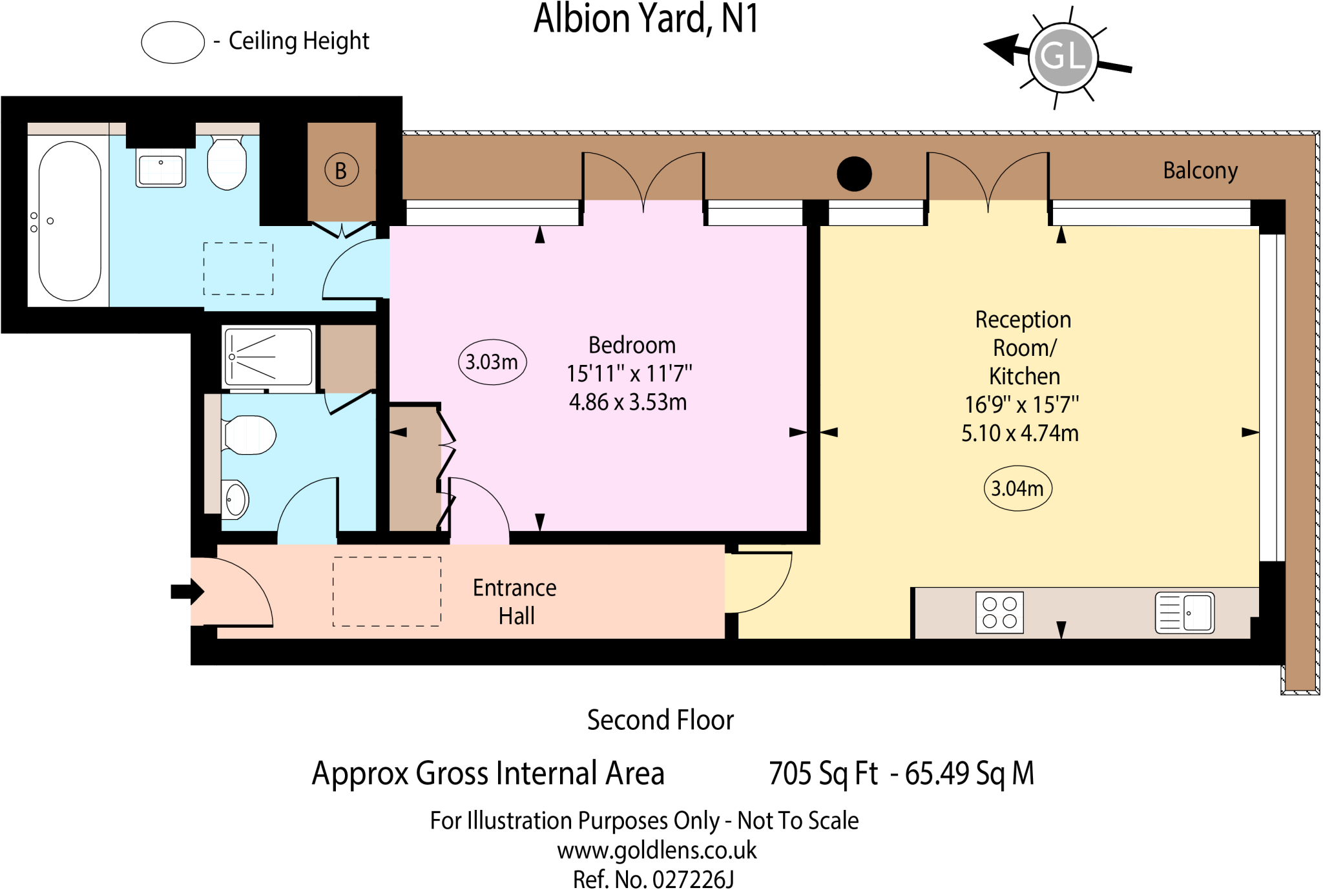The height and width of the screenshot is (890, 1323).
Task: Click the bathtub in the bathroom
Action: [x=70, y=221]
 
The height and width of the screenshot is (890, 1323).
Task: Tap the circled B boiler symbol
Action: [x=341, y=171]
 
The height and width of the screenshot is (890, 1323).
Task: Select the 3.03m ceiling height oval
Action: [x=492, y=362]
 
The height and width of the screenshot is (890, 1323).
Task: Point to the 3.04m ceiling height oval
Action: [x=1017, y=488]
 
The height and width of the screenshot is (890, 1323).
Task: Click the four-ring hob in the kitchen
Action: [x=999, y=612]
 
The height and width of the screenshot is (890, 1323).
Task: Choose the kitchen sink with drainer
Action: [x=1185, y=612]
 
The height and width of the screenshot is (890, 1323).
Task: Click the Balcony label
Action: [x=1200, y=171]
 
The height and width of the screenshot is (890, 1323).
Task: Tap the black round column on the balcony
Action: [x=854, y=174]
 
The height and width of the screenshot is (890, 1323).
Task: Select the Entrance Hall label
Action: [x=515, y=601]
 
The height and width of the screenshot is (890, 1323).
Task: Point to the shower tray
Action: [x=269, y=357]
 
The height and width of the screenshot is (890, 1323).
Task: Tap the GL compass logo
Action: [x=1063, y=57]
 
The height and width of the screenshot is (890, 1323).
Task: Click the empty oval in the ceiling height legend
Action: [x=173, y=43]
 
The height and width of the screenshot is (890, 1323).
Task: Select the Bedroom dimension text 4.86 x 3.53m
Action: [x=628, y=402]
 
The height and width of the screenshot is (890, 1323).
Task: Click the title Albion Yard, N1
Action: [x=645, y=19]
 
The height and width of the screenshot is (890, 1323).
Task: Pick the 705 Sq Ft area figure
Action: [x=823, y=773]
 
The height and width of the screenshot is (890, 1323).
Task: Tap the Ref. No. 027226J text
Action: [x=653, y=879]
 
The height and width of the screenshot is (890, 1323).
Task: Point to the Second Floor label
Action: [x=660, y=719]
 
